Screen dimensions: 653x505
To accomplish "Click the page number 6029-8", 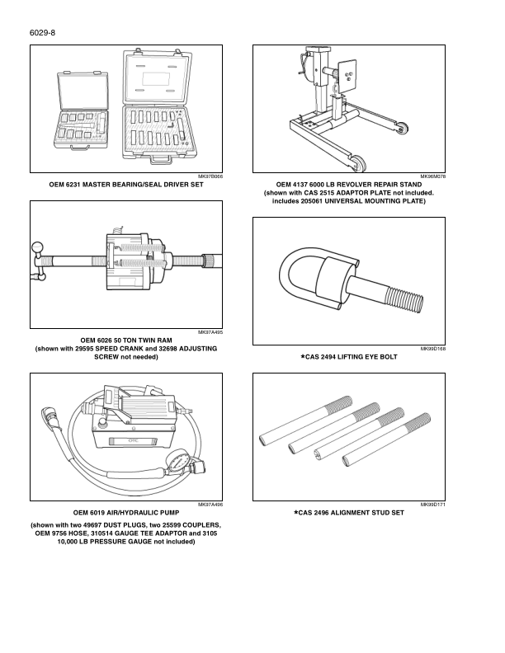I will pyautogui.click(x=41, y=32).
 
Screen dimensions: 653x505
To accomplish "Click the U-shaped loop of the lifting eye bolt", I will pyautogui.click(x=301, y=280).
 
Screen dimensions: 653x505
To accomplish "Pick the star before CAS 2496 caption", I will pyautogui.click(x=296, y=512).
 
